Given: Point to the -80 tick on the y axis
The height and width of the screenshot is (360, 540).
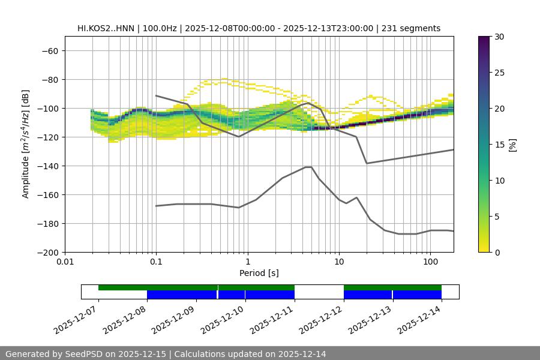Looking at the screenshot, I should pos(49,79).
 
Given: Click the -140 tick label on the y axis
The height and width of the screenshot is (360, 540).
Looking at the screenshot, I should pos(47,166).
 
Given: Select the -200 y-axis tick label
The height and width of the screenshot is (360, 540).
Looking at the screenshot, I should pos(47,252).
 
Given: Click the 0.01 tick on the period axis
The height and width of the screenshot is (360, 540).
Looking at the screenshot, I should pos(65,262).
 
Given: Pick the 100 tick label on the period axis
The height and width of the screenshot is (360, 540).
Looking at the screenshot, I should pos(430,262).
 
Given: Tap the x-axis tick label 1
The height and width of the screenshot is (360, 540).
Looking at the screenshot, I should pos(247,262).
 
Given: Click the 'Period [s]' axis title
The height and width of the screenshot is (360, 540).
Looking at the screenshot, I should pos(259,273).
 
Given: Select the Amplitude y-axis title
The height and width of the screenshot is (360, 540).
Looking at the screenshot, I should pos(26,144).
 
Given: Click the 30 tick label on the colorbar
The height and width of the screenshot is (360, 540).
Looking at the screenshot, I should pos(499,37).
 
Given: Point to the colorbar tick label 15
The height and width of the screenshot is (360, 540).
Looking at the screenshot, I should pos(499,145).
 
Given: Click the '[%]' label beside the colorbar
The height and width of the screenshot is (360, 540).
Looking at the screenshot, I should pos(512,145).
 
